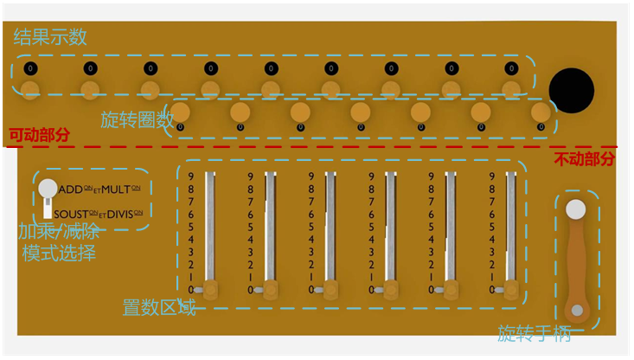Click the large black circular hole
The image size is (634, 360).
pos(572,90)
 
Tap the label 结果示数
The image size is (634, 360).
pos(50,37)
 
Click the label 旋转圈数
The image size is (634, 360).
pos(136,120)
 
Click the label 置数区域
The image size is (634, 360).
pos(159,307)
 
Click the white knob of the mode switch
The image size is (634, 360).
pos(48,189)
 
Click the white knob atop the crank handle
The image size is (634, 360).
pos(575,209)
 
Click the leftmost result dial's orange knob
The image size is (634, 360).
pos(30,87)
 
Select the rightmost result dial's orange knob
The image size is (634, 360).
pos(511,87)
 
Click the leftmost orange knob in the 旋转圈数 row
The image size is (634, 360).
pos(181,112)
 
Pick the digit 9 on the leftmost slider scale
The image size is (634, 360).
pos(191,177)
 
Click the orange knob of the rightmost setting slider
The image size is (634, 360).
pos(511,288)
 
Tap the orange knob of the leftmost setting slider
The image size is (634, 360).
pos(210,288)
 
